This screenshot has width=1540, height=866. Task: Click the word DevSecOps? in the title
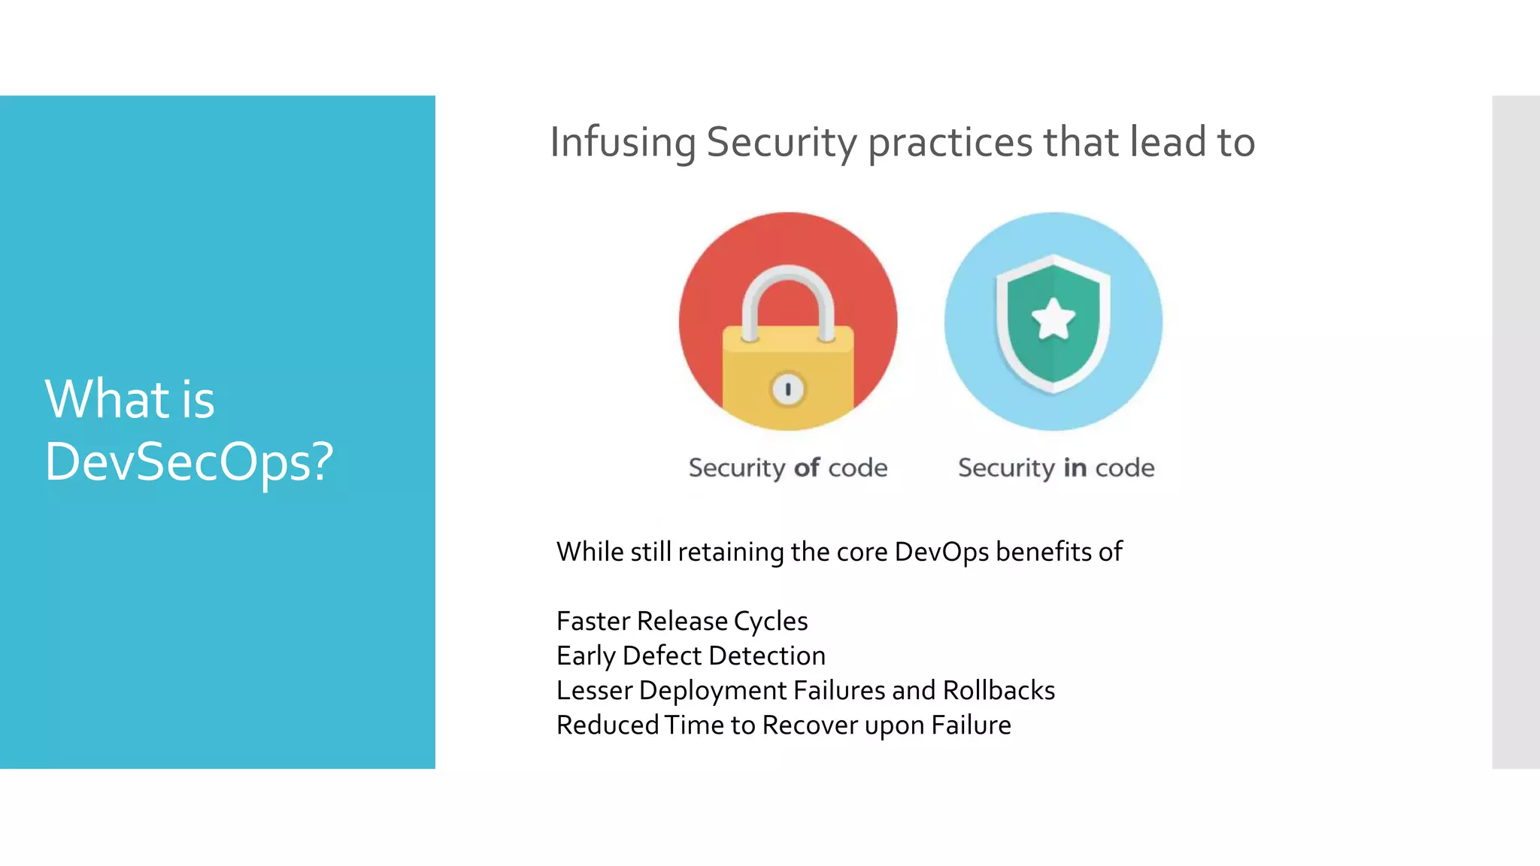(188, 462)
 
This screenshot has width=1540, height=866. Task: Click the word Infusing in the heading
(623, 142)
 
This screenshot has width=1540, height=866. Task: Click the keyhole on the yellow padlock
(787, 389)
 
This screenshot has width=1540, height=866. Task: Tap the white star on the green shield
(1053, 319)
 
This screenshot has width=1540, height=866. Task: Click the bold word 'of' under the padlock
(806, 468)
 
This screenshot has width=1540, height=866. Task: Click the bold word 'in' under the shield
(1075, 468)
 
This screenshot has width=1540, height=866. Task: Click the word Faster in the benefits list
(593, 622)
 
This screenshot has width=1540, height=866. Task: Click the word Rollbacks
(999, 691)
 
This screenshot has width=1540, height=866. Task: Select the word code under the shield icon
(1124, 468)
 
